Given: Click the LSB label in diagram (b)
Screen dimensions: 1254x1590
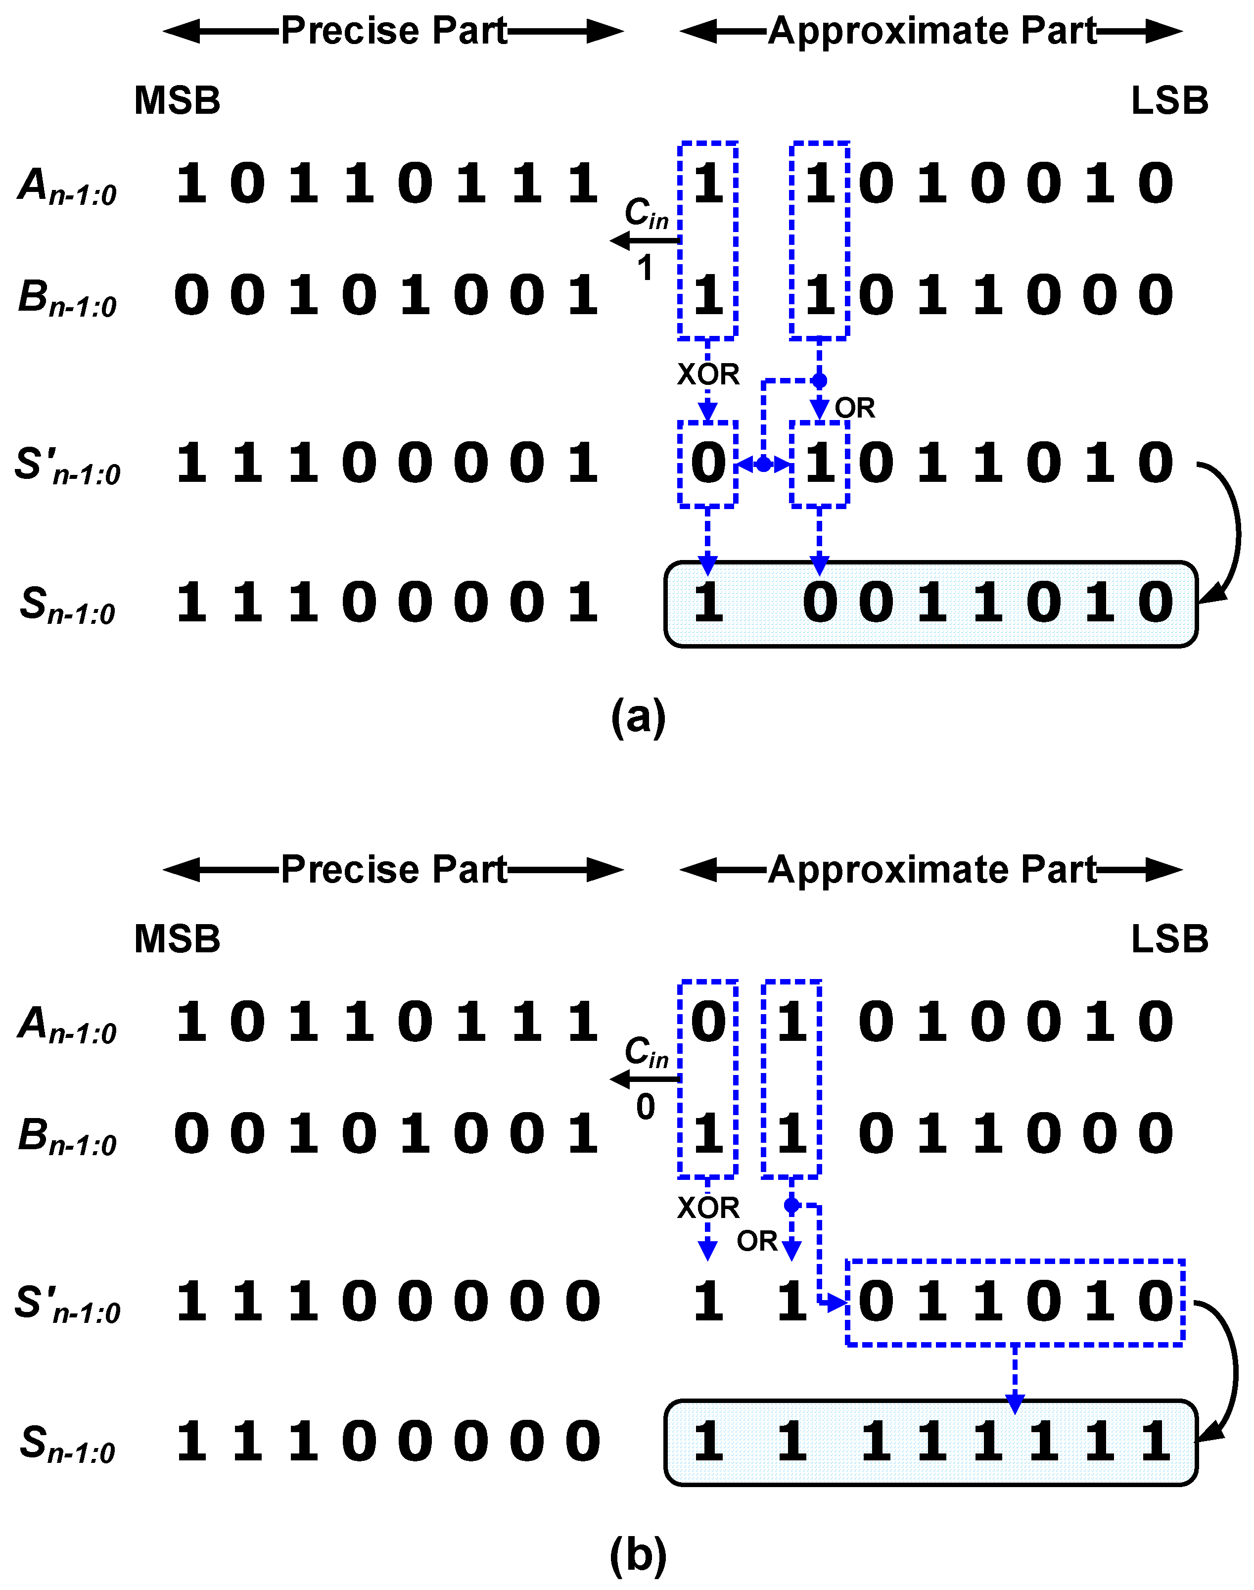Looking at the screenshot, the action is click(x=1169, y=939).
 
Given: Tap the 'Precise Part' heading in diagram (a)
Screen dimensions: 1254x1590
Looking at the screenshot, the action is click(x=394, y=31).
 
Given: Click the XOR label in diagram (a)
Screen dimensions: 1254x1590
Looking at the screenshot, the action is click(x=708, y=374).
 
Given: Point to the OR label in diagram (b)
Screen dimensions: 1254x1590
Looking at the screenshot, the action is click(x=757, y=1241).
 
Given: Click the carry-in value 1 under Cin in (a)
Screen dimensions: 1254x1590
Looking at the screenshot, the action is click(x=645, y=269).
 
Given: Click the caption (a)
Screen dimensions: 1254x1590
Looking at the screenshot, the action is click(x=638, y=716).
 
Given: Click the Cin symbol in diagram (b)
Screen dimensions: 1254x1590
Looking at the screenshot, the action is click(x=646, y=1053).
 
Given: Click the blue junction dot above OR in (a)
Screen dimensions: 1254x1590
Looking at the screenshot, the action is click(x=819, y=381).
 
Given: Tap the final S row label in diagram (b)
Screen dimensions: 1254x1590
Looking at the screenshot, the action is click(x=67, y=1443).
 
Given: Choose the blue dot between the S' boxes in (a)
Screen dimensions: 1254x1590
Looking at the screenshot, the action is click(x=764, y=464).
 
